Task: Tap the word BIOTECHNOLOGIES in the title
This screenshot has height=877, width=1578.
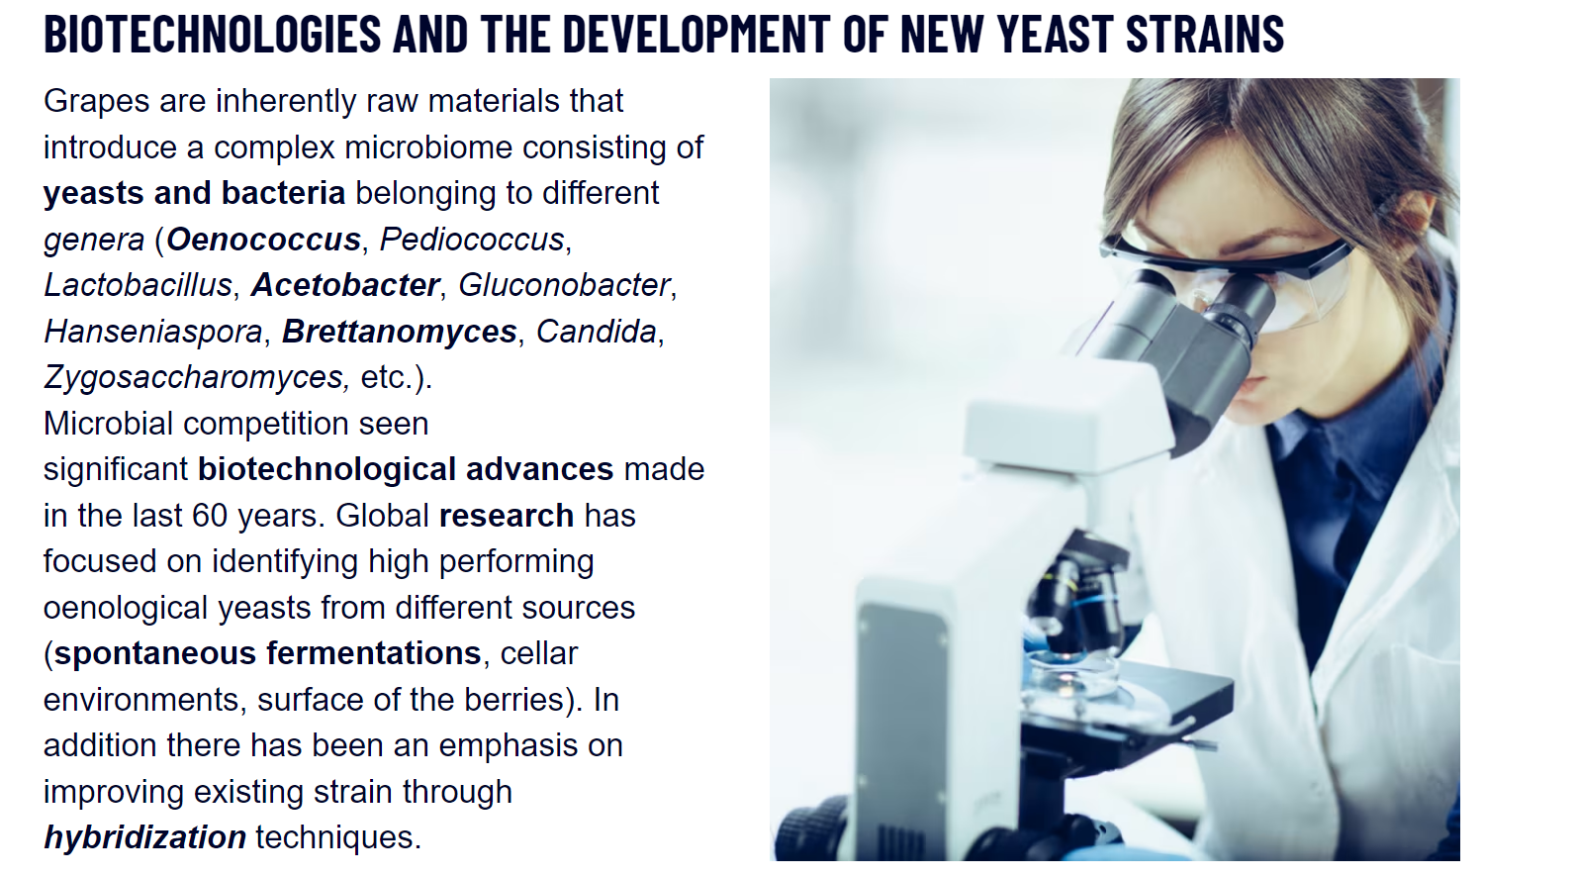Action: click(213, 33)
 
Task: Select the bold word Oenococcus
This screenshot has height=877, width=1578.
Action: click(263, 240)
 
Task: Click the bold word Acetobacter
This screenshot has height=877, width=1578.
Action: click(345, 285)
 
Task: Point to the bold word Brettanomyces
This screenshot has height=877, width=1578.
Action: click(400, 332)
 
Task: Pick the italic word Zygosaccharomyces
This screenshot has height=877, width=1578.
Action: click(197, 378)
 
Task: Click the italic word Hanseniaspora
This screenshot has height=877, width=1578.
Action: click(153, 332)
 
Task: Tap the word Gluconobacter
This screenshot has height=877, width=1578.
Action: click(564, 285)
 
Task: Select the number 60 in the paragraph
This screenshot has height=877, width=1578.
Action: click(210, 516)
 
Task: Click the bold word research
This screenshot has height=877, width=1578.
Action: click(507, 516)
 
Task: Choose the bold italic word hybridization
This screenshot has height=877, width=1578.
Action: click(145, 838)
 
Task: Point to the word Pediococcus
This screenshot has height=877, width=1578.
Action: click(472, 240)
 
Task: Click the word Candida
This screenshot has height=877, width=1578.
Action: click(597, 332)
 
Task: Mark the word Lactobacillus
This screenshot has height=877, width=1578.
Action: click(139, 285)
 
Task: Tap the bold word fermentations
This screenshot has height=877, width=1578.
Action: click(373, 653)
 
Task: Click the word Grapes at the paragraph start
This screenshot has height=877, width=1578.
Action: click(97, 102)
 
